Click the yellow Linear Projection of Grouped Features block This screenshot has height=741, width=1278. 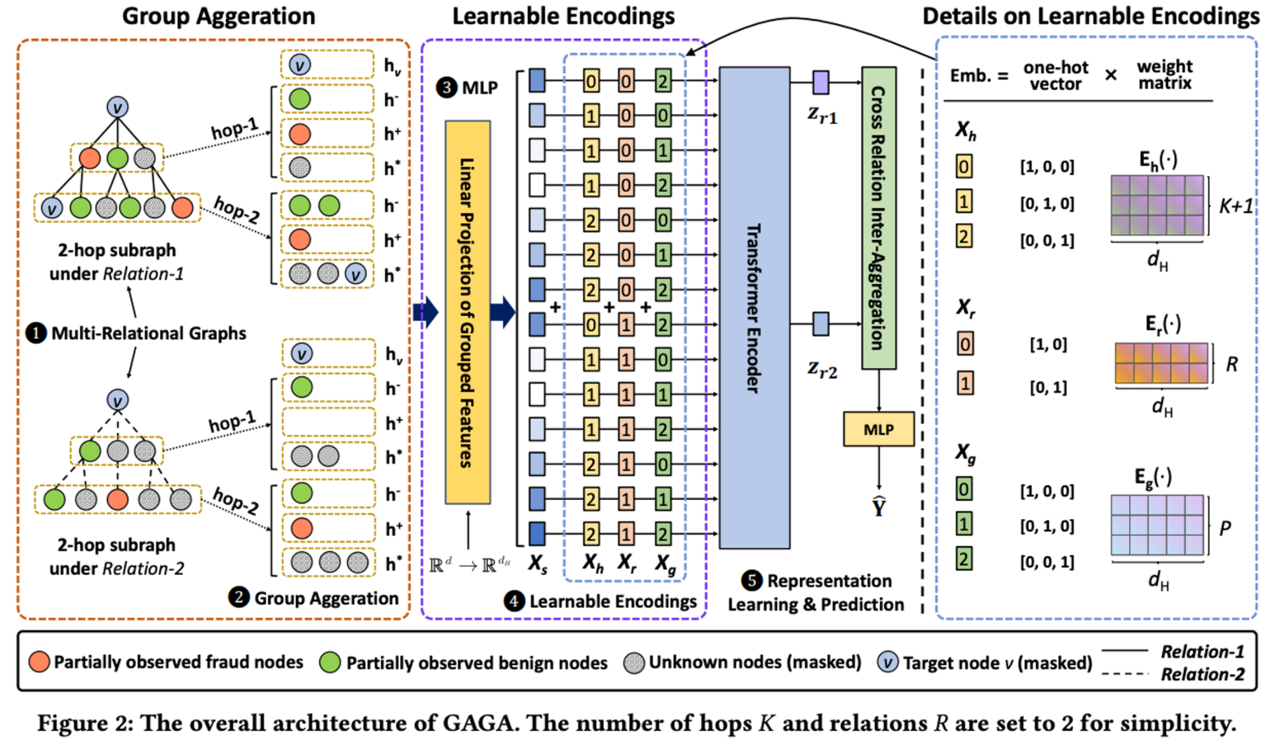(x=467, y=312)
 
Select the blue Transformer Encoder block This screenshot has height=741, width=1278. (x=754, y=308)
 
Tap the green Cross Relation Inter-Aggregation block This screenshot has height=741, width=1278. (x=879, y=218)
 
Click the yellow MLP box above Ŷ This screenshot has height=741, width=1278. (x=879, y=429)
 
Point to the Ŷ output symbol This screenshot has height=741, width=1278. (x=879, y=507)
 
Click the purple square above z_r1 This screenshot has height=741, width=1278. (x=820, y=82)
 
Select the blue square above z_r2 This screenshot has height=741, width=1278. (x=820, y=324)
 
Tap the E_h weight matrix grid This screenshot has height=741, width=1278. (x=1157, y=205)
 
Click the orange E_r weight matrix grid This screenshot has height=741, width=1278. (x=1161, y=363)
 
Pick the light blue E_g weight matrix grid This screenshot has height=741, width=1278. (x=1157, y=525)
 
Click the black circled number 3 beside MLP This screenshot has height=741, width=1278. (x=446, y=88)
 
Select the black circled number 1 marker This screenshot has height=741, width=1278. (x=36, y=333)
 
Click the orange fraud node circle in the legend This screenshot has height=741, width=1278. (x=39, y=662)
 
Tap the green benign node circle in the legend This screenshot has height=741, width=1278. (x=330, y=662)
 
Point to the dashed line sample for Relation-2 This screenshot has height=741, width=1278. (x=1125, y=674)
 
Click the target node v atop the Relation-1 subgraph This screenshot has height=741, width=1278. (x=117, y=107)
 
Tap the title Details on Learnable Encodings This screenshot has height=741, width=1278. (x=1090, y=16)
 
